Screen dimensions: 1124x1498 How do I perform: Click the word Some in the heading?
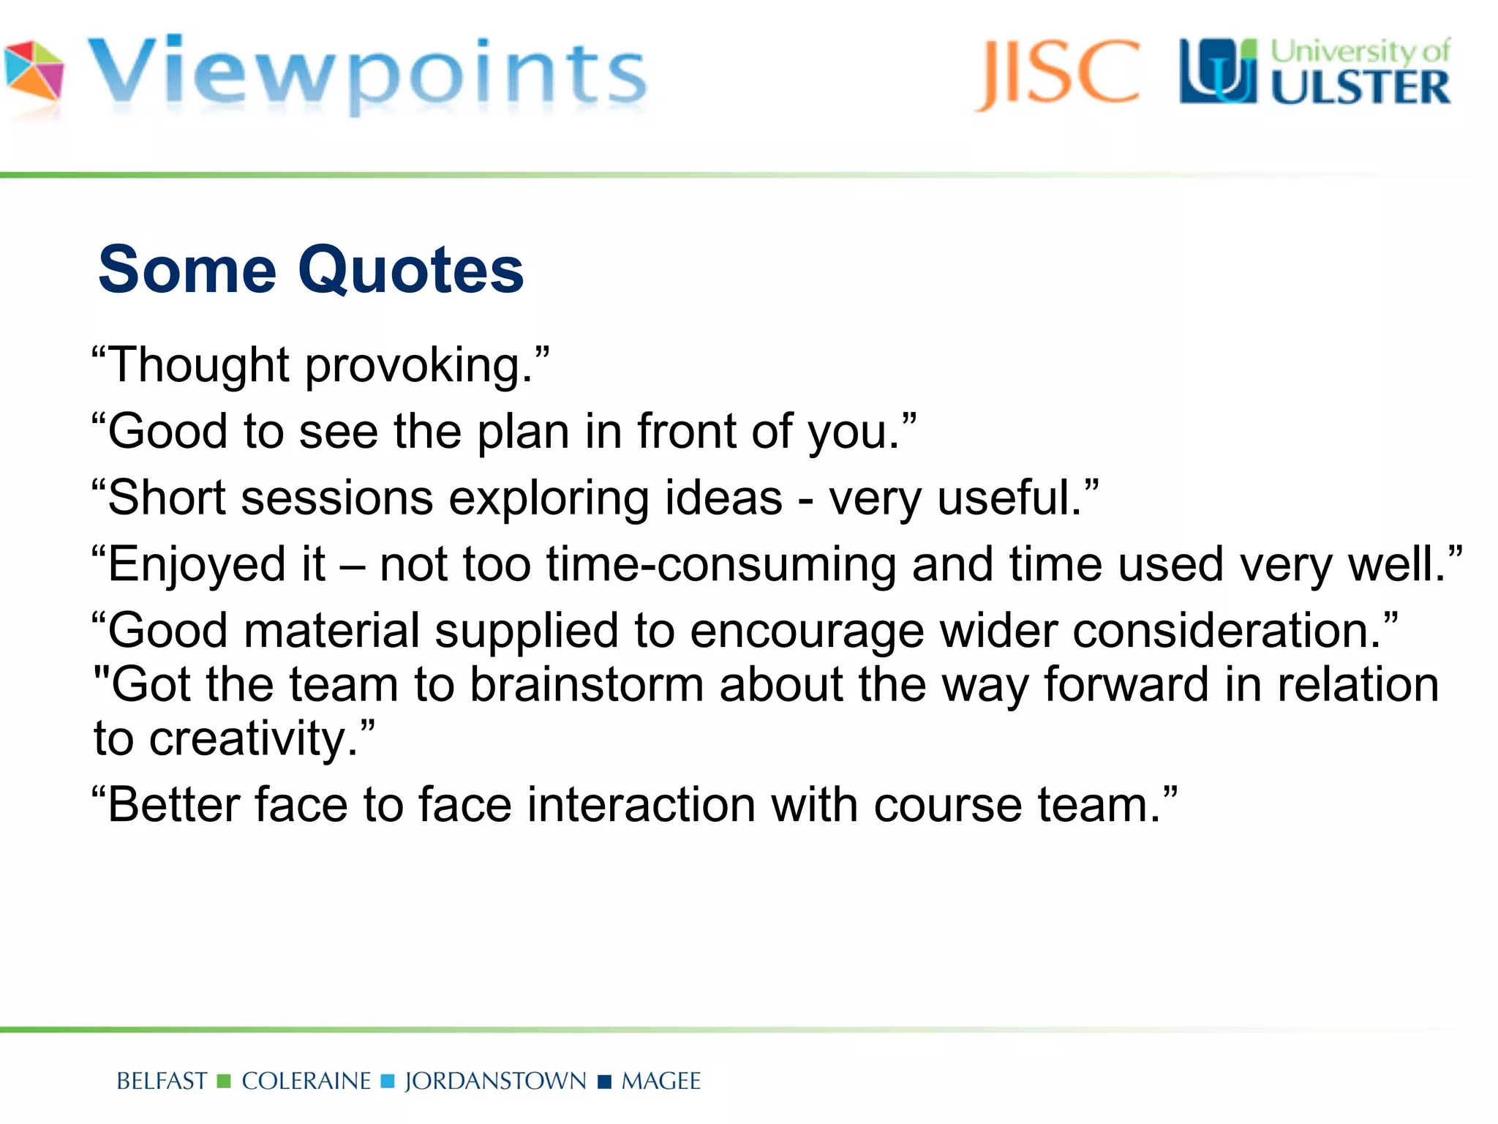click(x=187, y=270)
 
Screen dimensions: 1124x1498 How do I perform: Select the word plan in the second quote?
click(x=523, y=431)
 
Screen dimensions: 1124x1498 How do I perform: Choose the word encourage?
click(x=807, y=631)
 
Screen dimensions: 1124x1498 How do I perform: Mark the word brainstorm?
click(x=586, y=685)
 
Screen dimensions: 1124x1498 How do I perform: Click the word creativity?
click(x=253, y=738)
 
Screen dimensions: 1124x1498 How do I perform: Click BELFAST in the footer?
click(x=162, y=1081)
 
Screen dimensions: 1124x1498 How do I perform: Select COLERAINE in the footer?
click(x=306, y=1081)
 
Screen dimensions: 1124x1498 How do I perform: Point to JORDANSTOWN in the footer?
click(x=495, y=1081)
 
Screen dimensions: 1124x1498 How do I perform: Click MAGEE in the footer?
click(x=660, y=1081)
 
